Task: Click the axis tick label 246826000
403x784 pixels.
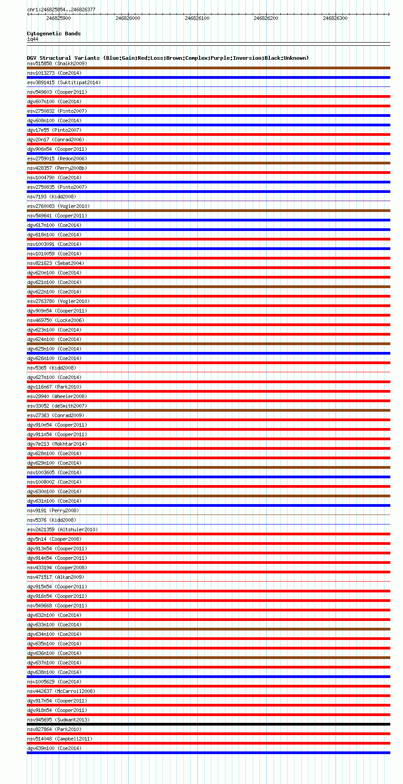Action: (128, 18)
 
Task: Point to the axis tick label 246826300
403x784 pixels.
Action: (335, 18)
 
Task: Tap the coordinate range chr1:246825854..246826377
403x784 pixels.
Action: (61, 10)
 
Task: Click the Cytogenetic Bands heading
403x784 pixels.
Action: (54, 34)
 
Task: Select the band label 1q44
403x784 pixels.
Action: (33, 39)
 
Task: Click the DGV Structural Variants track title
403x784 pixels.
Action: (168, 58)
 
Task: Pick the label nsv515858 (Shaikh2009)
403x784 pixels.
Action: (57, 63)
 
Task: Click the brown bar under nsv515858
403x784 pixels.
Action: (208, 68)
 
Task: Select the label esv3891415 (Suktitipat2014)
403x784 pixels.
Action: (64, 82)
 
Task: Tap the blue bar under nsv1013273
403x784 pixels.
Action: (208, 77)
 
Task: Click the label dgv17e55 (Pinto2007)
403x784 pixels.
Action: (54, 130)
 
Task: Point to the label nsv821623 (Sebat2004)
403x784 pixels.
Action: (56, 263)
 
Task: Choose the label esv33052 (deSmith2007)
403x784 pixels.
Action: (57, 406)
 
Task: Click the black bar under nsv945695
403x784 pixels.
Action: (208, 724)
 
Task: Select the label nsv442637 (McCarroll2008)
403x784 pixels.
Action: (61, 691)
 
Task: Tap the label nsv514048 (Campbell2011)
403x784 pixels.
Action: (60, 739)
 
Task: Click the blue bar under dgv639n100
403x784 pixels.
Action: (208, 753)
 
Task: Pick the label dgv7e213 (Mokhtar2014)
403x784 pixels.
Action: (57, 444)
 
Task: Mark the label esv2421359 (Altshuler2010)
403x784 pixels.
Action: (62, 529)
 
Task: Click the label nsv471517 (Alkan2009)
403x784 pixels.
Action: (56, 577)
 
